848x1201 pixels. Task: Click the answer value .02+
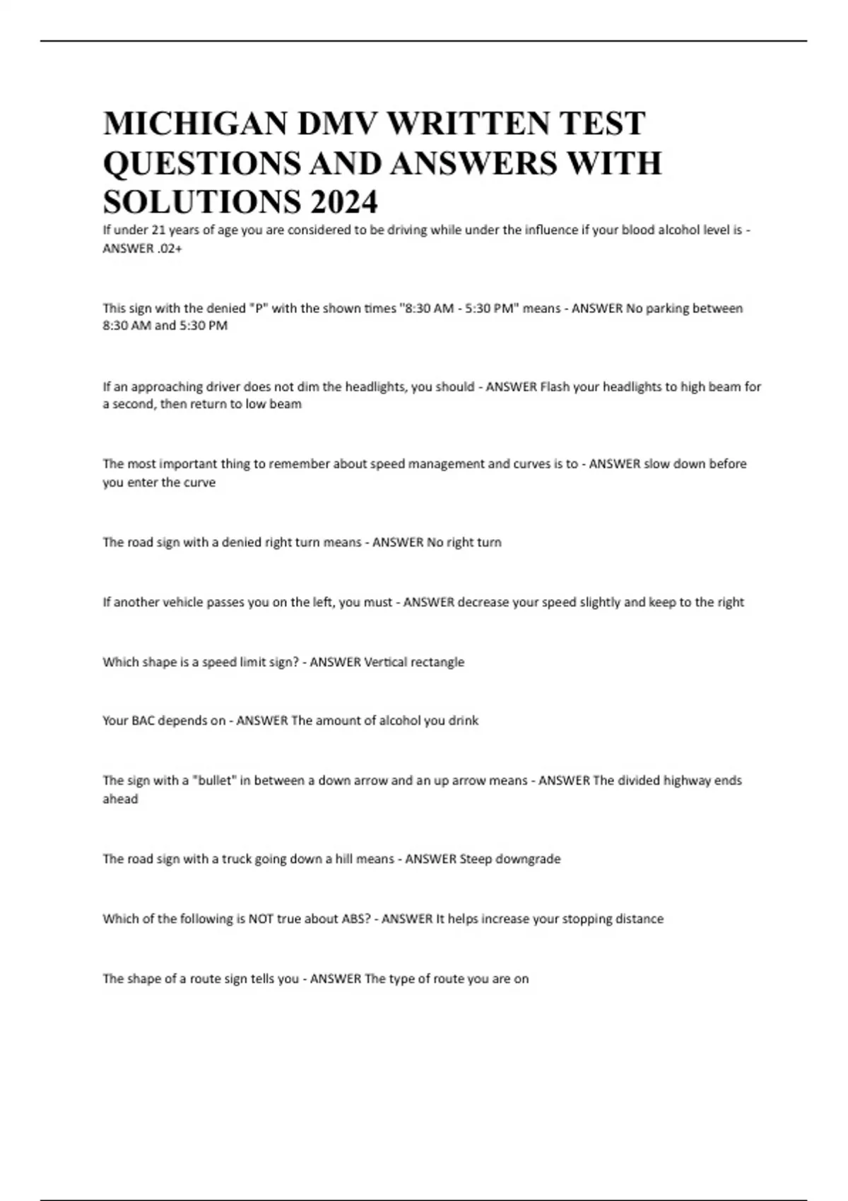(x=170, y=248)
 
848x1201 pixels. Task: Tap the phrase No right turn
(x=464, y=543)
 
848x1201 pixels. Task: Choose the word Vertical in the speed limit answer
(x=387, y=662)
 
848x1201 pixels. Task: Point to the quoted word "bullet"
(x=216, y=781)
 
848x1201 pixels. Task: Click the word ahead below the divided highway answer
(x=120, y=799)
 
